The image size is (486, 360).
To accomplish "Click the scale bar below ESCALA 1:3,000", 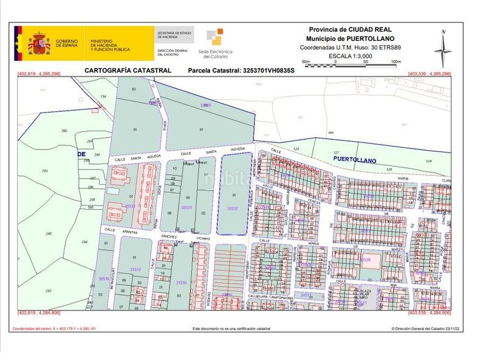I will [351, 61].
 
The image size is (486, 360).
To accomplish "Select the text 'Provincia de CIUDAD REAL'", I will [350, 29].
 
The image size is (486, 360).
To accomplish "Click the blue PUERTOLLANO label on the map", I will [355, 160].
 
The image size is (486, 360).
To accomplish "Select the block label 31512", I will [135, 269].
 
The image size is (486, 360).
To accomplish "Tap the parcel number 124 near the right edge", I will [428, 161].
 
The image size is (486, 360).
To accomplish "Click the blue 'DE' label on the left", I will [81, 154].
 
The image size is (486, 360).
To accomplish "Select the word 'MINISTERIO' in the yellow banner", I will [102, 39].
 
